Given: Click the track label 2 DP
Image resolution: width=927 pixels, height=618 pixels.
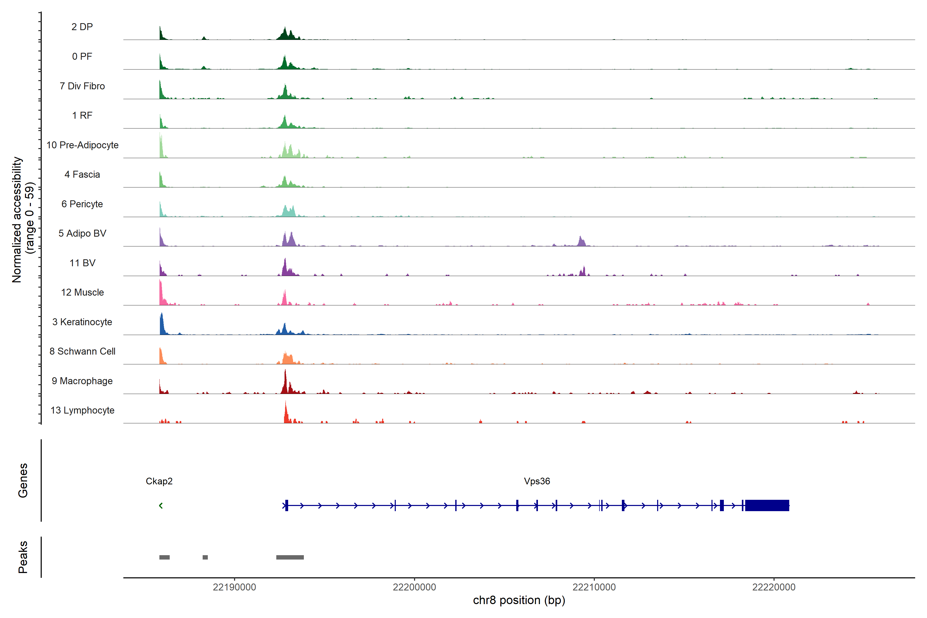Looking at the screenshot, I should coord(82,27).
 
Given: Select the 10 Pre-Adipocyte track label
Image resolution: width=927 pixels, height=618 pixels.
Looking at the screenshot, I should coord(82,145).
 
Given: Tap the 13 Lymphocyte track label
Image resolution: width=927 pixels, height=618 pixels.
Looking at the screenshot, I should coord(82,410).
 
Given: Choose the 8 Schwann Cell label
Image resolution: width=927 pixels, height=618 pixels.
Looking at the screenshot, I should coord(82,351).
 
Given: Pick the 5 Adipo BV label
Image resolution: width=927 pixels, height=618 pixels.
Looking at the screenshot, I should coord(82,233).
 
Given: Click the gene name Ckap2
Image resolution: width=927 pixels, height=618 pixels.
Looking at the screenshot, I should coord(159,481).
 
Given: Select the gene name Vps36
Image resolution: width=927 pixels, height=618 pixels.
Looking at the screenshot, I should coord(537,481).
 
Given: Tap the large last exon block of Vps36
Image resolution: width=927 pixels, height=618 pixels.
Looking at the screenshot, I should coord(767,505).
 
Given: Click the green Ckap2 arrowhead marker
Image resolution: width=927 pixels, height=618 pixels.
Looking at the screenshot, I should coord(161,505).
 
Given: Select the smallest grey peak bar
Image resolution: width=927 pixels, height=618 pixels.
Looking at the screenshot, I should coord(205,557).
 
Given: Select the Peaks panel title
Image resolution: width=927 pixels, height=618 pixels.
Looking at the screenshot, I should coord(23,557).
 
